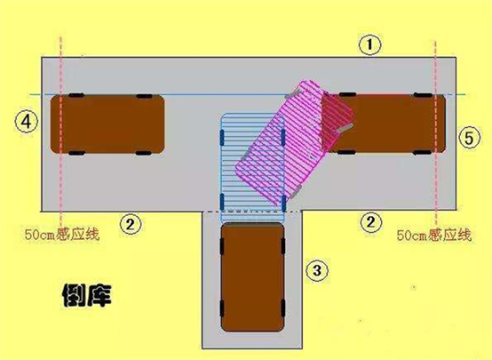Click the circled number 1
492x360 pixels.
point(370,44)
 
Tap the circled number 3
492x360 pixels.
point(317,270)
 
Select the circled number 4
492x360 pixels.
point(27,122)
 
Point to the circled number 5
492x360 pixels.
point(470,138)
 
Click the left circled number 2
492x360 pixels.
point(130,224)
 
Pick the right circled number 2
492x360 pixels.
point(371,222)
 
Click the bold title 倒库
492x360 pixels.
point(87,295)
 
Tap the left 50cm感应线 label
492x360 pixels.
point(62,235)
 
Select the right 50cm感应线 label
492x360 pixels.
point(434,235)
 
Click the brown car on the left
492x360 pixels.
point(107,124)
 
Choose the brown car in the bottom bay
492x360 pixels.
point(252,277)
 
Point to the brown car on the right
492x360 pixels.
point(387,124)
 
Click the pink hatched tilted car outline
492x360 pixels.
point(295,143)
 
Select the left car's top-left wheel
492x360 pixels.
point(76,95)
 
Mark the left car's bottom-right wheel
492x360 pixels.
point(143,153)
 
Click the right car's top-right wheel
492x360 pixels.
point(423,95)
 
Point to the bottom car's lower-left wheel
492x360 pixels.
point(222,308)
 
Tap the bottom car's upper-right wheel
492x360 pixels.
point(283,246)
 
